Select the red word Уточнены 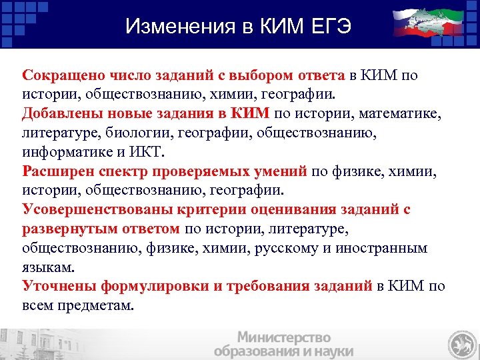tap(59, 286)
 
